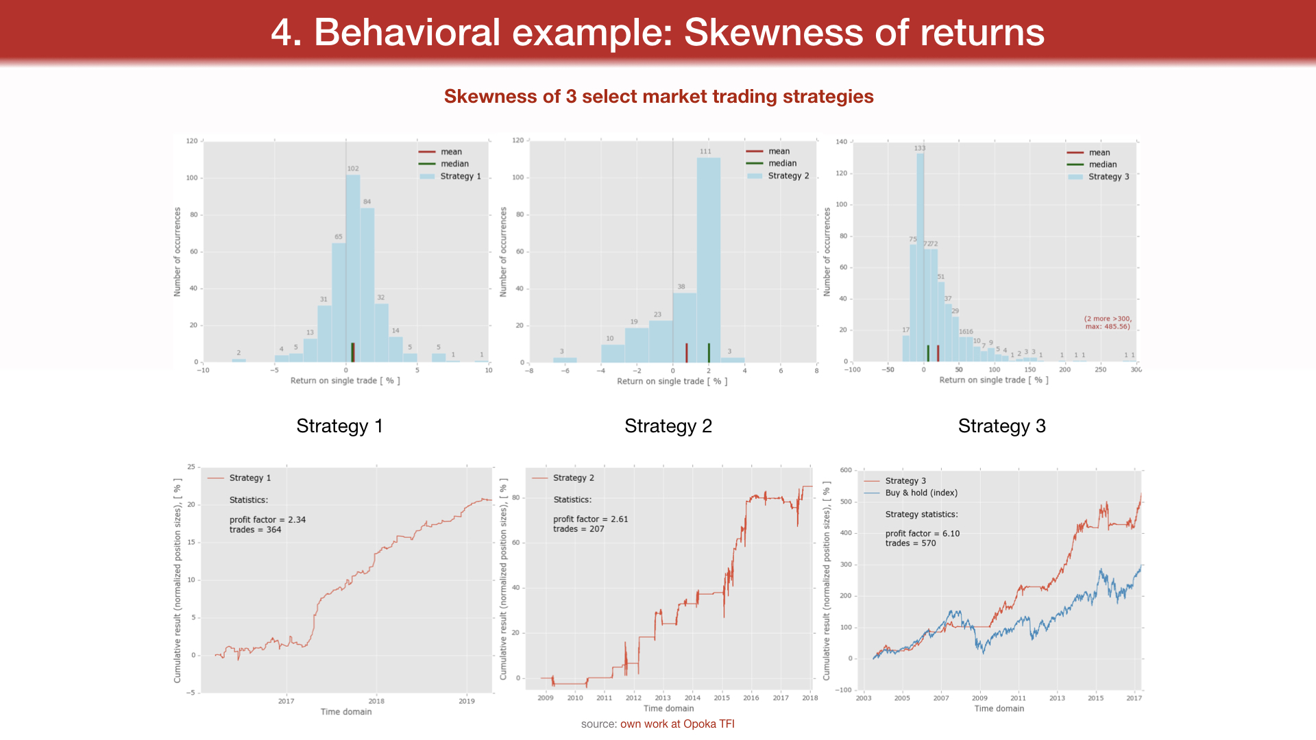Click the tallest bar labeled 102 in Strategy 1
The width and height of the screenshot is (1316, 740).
click(x=352, y=267)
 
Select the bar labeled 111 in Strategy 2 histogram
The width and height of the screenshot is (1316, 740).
click(x=708, y=260)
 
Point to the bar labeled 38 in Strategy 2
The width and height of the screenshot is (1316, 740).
click(x=684, y=328)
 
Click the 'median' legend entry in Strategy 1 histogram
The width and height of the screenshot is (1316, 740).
click(x=454, y=164)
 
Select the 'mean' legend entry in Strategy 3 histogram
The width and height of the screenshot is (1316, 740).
click(x=1099, y=153)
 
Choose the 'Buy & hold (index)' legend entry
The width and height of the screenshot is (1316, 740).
click(x=921, y=493)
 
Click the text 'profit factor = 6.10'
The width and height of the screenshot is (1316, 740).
click(x=922, y=533)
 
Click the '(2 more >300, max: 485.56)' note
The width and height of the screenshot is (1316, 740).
click(x=1108, y=322)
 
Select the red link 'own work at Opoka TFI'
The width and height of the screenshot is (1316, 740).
click(x=677, y=724)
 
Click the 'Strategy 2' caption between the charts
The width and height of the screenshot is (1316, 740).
click(x=668, y=426)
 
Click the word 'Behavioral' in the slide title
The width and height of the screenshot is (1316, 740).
click(x=407, y=32)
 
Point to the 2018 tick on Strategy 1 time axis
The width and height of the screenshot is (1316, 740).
click(x=376, y=701)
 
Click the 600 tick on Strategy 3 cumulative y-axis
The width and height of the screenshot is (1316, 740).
click(x=846, y=470)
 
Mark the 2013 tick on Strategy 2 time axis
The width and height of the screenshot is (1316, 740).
click(x=663, y=698)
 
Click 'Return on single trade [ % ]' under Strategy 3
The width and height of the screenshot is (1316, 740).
click(x=993, y=380)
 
